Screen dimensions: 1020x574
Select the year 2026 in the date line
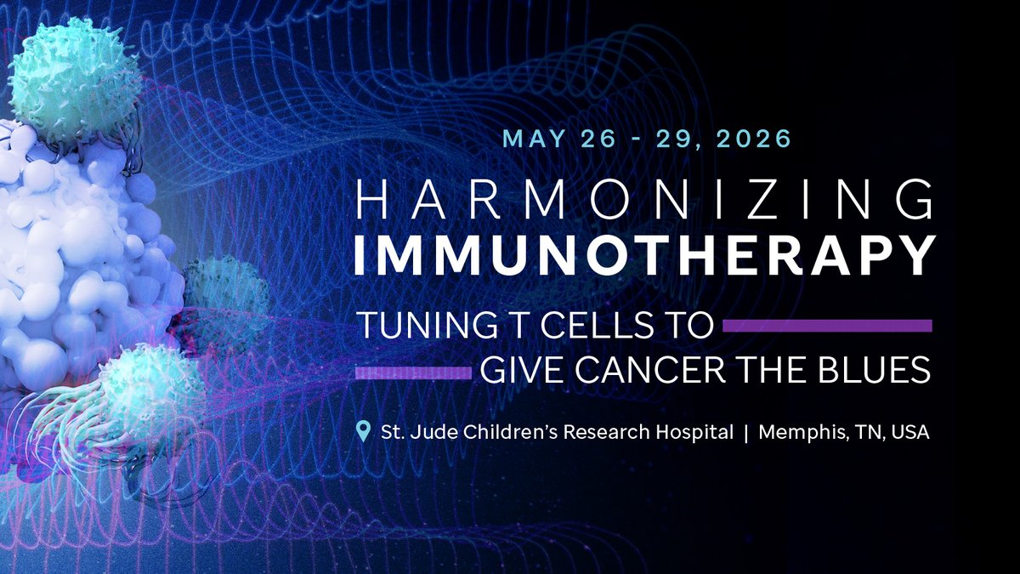click(x=754, y=139)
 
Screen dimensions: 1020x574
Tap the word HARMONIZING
click(x=644, y=199)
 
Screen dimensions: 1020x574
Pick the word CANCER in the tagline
click(x=649, y=370)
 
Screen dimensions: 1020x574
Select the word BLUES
click(x=874, y=370)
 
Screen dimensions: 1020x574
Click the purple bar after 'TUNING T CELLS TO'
click(x=827, y=325)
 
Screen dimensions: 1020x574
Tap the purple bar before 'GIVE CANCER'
click(x=413, y=373)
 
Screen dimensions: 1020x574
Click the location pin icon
click(x=363, y=431)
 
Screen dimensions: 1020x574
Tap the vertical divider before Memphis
click(x=746, y=432)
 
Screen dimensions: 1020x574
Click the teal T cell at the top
click(x=74, y=81)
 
